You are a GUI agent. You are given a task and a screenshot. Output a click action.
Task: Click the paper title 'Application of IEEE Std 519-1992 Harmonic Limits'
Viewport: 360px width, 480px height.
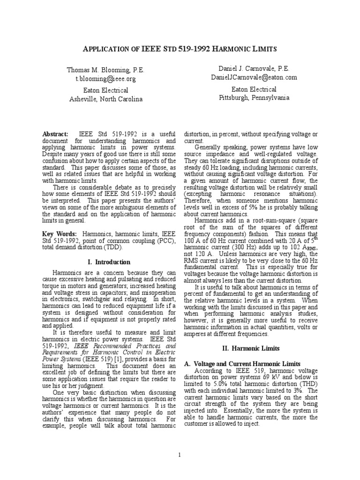pos(180,49)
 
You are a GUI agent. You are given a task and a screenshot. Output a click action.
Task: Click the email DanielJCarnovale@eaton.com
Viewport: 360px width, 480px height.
pos(254,77)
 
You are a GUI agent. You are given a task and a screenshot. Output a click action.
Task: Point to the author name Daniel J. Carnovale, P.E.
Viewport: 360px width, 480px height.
pos(254,68)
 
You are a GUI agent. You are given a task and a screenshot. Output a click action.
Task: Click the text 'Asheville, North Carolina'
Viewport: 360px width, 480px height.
pos(106,99)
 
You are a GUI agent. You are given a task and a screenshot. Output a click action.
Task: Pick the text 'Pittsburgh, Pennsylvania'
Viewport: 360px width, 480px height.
pos(254,97)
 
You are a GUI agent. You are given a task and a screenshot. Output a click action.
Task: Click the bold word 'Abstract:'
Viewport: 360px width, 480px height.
pos(55,134)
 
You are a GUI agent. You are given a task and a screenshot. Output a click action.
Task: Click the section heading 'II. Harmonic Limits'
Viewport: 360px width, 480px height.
pos(251,348)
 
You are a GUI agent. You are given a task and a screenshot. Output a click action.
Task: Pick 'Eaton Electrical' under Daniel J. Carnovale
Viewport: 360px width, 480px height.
pos(254,89)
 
